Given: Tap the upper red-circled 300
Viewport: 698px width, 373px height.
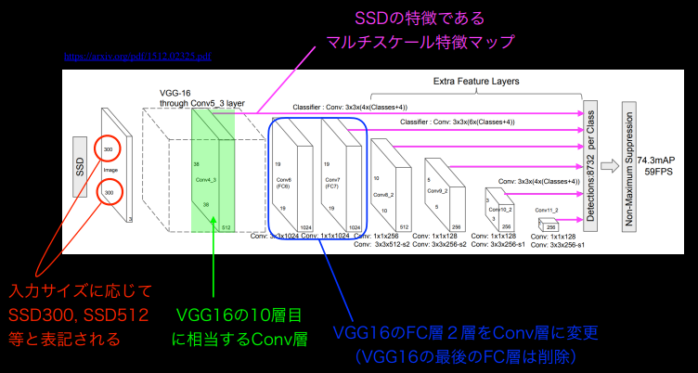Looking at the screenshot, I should (x=110, y=148).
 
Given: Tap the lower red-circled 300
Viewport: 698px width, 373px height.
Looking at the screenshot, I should (x=110, y=192).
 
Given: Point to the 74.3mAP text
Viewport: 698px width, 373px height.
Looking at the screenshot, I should (x=656, y=161).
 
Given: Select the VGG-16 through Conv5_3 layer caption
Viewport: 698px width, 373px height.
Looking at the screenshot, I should (x=201, y=99).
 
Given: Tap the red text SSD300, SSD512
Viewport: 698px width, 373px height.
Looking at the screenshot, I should (x=80, y=314).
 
